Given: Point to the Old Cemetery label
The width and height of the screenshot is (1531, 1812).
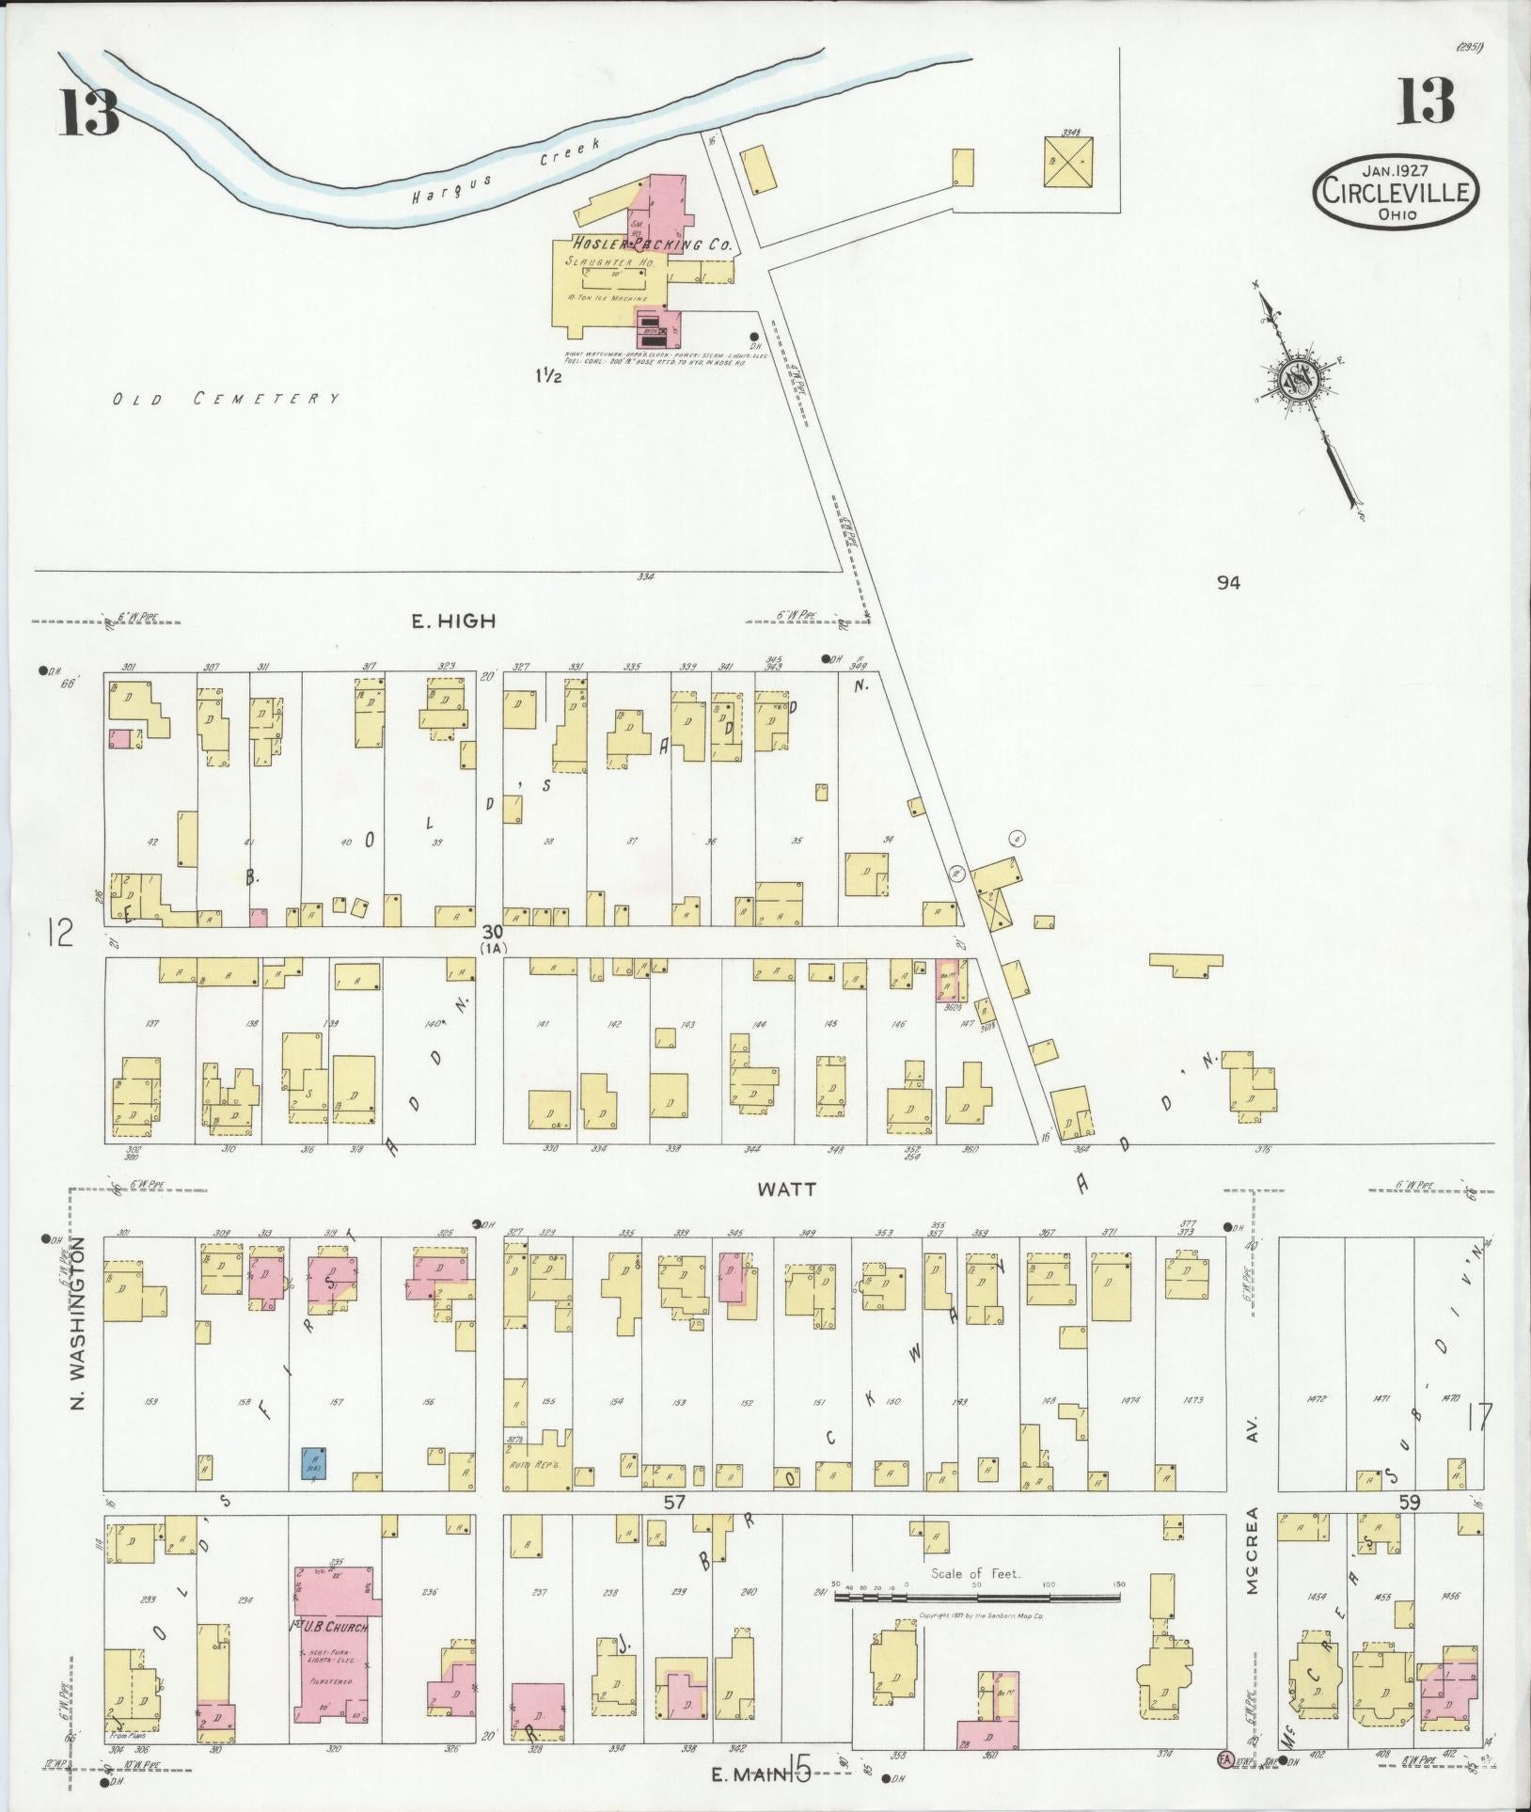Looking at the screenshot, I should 226,399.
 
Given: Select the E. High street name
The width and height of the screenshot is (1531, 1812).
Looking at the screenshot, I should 453,621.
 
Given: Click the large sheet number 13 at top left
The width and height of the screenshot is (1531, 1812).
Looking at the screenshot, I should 90,112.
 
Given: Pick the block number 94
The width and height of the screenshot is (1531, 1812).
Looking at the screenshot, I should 1227,583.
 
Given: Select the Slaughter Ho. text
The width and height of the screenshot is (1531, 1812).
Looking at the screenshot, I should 609,262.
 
